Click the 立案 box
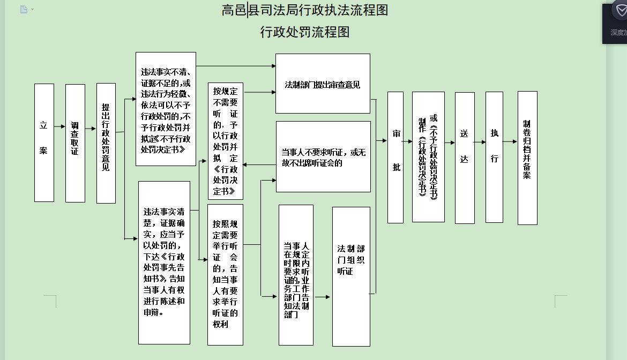tap(44, 142)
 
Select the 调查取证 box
tap(75, 143)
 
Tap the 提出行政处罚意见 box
tap(106, 143)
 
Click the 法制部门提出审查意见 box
tap(323, 84)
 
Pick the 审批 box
tap(395, 157)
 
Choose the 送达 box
tap(465, 157)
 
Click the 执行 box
tap(494, 157)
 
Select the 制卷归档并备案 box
tap(527, 157)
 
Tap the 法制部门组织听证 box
tap(351, 276)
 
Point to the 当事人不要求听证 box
tap(323, 156)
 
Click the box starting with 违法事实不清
tap(166, 109)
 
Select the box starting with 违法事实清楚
tap(164, 262)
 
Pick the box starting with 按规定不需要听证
tap(225, 141)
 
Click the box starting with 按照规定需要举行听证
tap(225, 274)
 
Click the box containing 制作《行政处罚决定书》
tap(428, 156)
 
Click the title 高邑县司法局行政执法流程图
tap(305, 10)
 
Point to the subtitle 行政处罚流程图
tap(305, 33)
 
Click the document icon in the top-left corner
tap(24, 9)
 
